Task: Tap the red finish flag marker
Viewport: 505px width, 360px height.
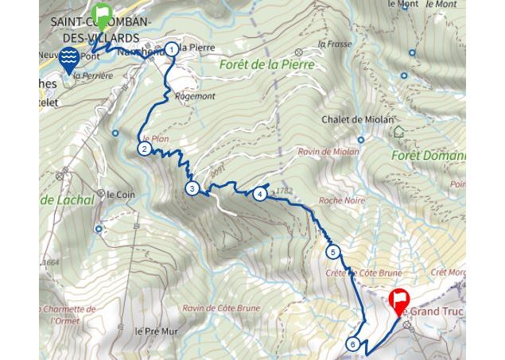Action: pos(399,302)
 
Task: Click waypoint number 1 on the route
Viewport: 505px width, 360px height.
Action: pos(172,49)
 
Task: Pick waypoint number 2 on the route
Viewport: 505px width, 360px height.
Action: pos(144,149)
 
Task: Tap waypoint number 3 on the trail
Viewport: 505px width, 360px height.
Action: pos(192,188)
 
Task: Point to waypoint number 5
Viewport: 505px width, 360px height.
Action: pos(333,253)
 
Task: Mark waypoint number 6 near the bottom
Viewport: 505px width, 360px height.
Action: pos(353,344)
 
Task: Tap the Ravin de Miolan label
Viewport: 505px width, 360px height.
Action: pos(324,151)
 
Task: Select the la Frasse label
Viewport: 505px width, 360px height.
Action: pos(333,44)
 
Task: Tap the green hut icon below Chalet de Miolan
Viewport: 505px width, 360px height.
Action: pos(398,132)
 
